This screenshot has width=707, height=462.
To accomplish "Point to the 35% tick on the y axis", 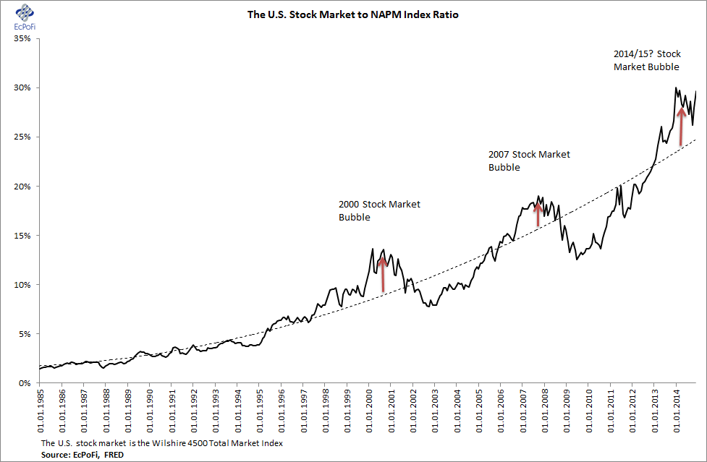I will click(20, 38).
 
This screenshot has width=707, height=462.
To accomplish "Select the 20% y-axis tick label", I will click(20, 186).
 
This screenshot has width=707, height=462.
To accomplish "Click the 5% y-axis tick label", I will click(22, 334).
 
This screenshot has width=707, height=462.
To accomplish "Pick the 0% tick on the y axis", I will click(22, 383).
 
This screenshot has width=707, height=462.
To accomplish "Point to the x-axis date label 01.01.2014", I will click(675, 410).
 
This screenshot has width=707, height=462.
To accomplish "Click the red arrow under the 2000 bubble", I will click(383, 275).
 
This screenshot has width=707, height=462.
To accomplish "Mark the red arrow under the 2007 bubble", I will click(538, 215).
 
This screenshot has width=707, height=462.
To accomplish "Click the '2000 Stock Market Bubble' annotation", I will click(379, 210).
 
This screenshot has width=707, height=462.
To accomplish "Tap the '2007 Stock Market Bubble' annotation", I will click(529, 161).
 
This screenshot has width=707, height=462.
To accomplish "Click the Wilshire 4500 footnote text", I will click(161, 443).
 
